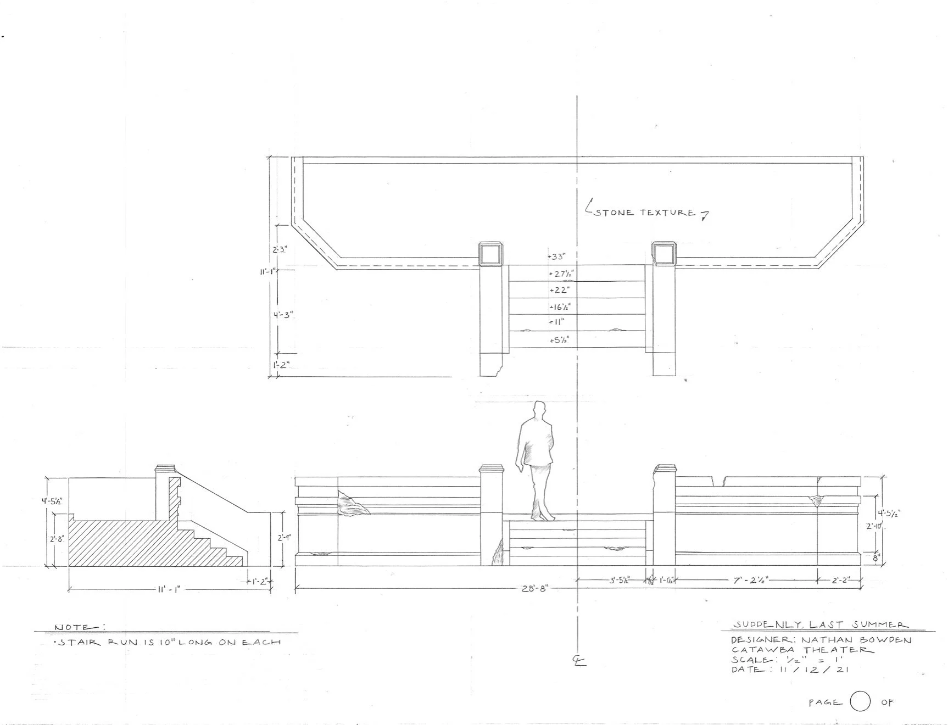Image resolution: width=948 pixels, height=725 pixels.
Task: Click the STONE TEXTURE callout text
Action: [644, 213]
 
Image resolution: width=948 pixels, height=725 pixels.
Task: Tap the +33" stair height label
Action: [557, 256]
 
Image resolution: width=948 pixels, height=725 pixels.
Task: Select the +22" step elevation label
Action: [559, 290]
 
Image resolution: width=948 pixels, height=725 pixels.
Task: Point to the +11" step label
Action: [557, 322]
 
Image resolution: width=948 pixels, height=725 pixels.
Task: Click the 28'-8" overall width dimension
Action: [535, 589]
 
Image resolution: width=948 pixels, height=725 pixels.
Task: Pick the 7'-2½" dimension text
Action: [751, 580]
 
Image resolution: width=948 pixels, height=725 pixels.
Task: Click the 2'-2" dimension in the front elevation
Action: [840, 580]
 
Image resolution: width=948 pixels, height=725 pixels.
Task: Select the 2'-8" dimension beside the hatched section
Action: [57, 539]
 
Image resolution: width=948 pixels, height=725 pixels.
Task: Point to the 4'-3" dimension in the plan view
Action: [283, 315]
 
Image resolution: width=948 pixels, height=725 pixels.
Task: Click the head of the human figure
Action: [539, 409]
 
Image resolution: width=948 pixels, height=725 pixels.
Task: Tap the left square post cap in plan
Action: [490, 254]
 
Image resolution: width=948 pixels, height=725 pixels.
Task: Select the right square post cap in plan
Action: [663, 254]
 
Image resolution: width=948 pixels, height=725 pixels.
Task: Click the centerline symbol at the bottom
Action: [579, 661]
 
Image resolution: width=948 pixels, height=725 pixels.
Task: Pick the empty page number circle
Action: [860, 702]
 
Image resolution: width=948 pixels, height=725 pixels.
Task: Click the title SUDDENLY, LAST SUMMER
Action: [821, 625]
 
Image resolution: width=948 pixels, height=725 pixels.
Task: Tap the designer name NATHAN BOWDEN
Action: [856, 640]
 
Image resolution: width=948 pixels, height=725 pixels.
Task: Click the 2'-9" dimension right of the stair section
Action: [284, 538]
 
